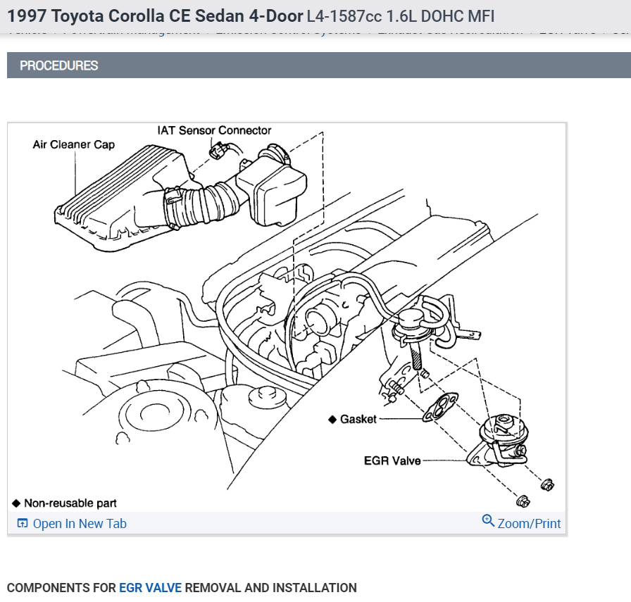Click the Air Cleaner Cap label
(x=73, y=145)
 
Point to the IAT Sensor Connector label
(x=214, y=130)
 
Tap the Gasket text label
(x=358, y=420)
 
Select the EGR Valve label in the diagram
(x=392, y=461)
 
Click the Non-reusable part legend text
(x=70, y=503)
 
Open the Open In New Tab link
(x=80, y=524)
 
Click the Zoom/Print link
(x=529, y=524)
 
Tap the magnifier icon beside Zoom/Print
(x=488, y=521)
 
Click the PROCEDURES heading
(x=59, y=65)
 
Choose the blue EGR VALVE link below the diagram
(x=150, y=588)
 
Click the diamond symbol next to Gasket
(x=332, y=420)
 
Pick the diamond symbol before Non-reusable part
(x=16, y=503)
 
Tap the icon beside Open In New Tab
(x=23, y=524)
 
